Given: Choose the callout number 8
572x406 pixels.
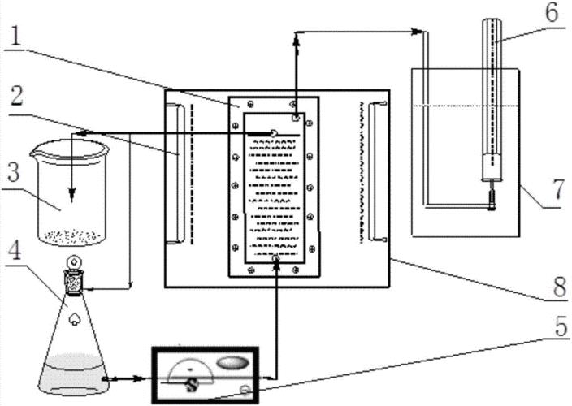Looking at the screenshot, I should click(557, 285).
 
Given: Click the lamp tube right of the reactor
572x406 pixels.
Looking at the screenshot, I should click(376, 171).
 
